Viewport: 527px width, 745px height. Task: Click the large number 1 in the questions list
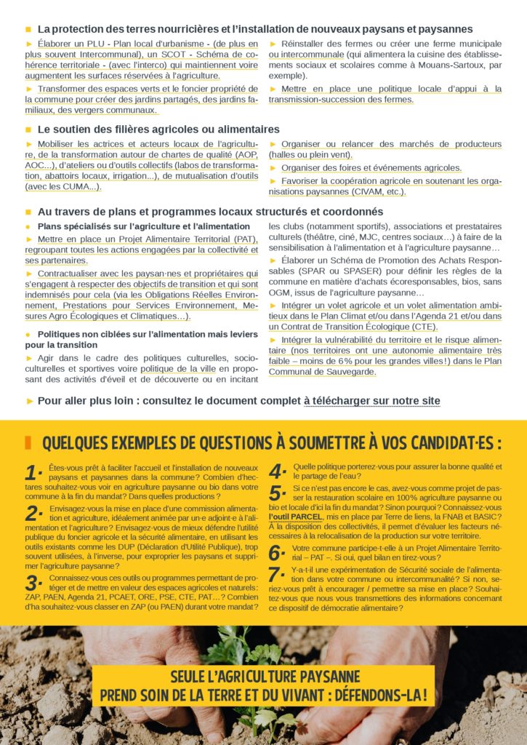point(33,472)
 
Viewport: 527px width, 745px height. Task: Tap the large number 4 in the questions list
point(277,471)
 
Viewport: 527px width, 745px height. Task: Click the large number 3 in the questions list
point(34,582)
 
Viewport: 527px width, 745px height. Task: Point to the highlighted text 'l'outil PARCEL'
point(295,517)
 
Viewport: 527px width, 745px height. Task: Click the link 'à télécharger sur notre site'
point(371,401)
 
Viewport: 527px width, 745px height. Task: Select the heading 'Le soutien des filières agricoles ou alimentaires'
point(158,129)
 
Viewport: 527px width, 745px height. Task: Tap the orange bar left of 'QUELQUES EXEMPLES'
point(28,442)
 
